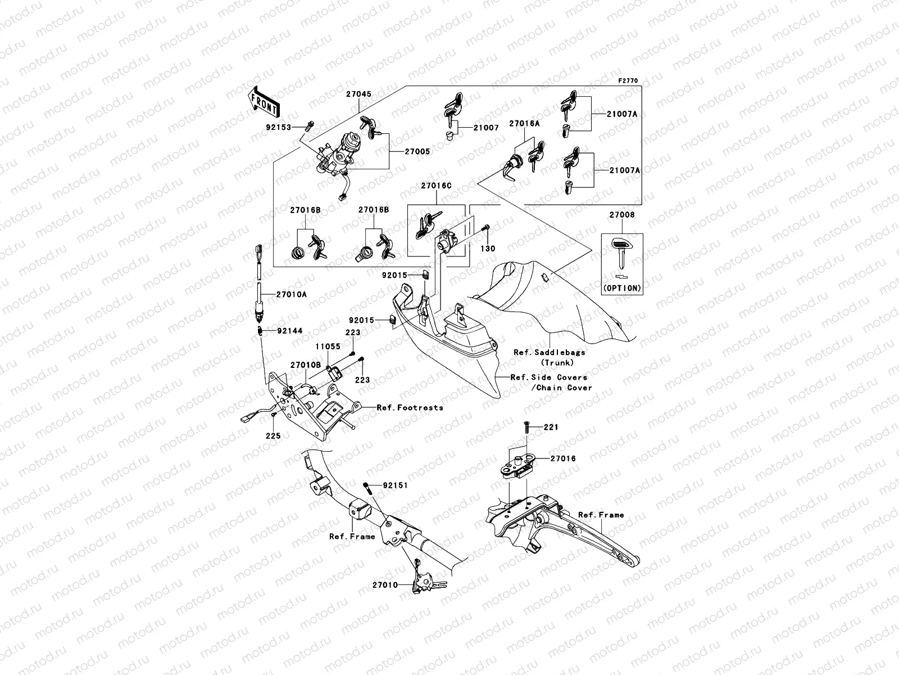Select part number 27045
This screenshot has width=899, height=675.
(x=358, y=94)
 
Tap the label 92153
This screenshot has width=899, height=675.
(x=279, y=127)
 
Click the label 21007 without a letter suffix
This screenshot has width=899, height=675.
(x=485, y=128)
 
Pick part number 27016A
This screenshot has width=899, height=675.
(x=524, y=123)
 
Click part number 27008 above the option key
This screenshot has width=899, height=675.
(x=621, y=215)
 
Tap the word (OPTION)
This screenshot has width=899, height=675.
(x=621, y=288)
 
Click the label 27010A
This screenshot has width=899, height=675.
(x=291, y=294)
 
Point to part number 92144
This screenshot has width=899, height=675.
(x=289, y=331)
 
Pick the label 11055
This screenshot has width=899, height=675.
(x=327, y=347)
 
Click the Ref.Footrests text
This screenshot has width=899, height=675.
(x=410, y=407)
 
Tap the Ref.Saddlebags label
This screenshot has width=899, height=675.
(x=550, y=353)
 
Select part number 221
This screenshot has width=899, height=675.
(x=551, y=427)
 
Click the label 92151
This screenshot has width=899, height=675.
(x=396, y=485)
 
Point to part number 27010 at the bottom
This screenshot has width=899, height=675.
(x=385, y=585)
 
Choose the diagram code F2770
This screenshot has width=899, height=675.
(x=628, y=81)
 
